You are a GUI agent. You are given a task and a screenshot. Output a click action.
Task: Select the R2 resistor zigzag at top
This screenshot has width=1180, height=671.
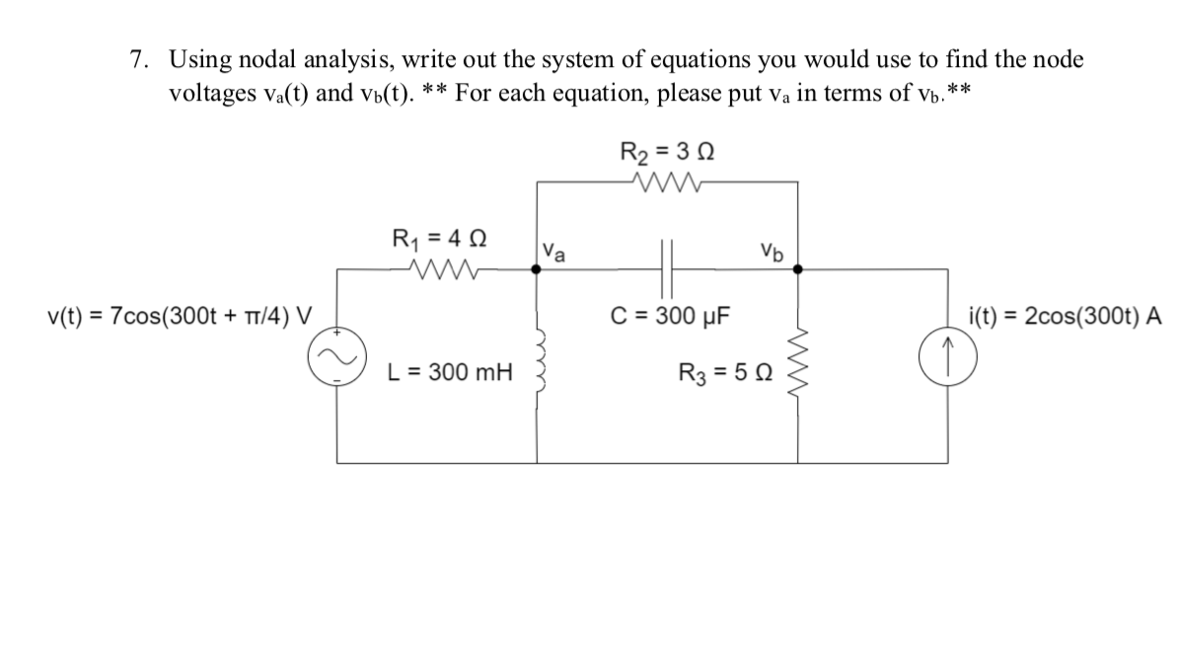pyautogui.click(x=668, y=180)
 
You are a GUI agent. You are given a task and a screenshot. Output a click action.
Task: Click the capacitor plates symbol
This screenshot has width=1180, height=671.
pyautogui.click(x=668, y=267)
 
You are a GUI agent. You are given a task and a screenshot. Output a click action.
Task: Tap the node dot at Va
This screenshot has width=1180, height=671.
pyautogui.click(x=537, y=267)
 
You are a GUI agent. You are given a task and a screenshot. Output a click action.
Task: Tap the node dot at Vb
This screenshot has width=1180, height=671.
pyautogui.click(x=798, y=267)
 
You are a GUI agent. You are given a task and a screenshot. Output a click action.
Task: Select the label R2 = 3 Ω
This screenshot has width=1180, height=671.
pyautogui.click(x=667, y=152)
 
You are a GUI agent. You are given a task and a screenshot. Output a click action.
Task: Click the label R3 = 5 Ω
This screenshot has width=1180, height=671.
pyautogui.click(x=725, y=373)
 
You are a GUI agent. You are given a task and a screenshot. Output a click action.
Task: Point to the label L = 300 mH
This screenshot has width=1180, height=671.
pyautogui.click(x=450, y=373)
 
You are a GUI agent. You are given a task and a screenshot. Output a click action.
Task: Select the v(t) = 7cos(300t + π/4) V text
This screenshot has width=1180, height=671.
pyautogui.click(x=180, y=317)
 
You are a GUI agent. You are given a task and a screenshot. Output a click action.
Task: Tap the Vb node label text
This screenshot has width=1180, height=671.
pyautogui.click(x=772, y=250)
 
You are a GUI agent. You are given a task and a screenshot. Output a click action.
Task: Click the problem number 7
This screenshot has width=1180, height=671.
pyautogui.click(x=139, y=60)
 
